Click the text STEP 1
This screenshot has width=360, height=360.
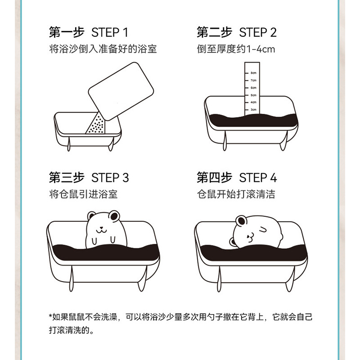(109, 32)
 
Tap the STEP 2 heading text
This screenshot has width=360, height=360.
(257, 32)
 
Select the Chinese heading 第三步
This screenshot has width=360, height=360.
(67, 177)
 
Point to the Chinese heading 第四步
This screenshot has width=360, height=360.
(214, 177)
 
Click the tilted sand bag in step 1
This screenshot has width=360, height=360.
(121, 91)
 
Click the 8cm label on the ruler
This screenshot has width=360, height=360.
(253, 73)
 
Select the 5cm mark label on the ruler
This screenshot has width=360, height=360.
(253, 95)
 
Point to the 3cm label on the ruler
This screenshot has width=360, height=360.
(253, 109)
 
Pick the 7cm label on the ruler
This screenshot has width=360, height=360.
(253, 81)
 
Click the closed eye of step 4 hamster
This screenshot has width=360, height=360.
(263, 229)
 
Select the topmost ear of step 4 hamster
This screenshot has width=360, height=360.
(241, 221)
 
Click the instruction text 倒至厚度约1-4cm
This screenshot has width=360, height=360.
(236, 49)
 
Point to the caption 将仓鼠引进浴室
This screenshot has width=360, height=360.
(83, 194)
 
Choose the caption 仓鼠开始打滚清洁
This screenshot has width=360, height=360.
(236, 194)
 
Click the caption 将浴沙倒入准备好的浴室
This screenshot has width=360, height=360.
(103, 49)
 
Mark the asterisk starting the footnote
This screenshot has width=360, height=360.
(50, 316)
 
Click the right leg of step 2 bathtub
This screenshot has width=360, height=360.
(284, 140)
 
